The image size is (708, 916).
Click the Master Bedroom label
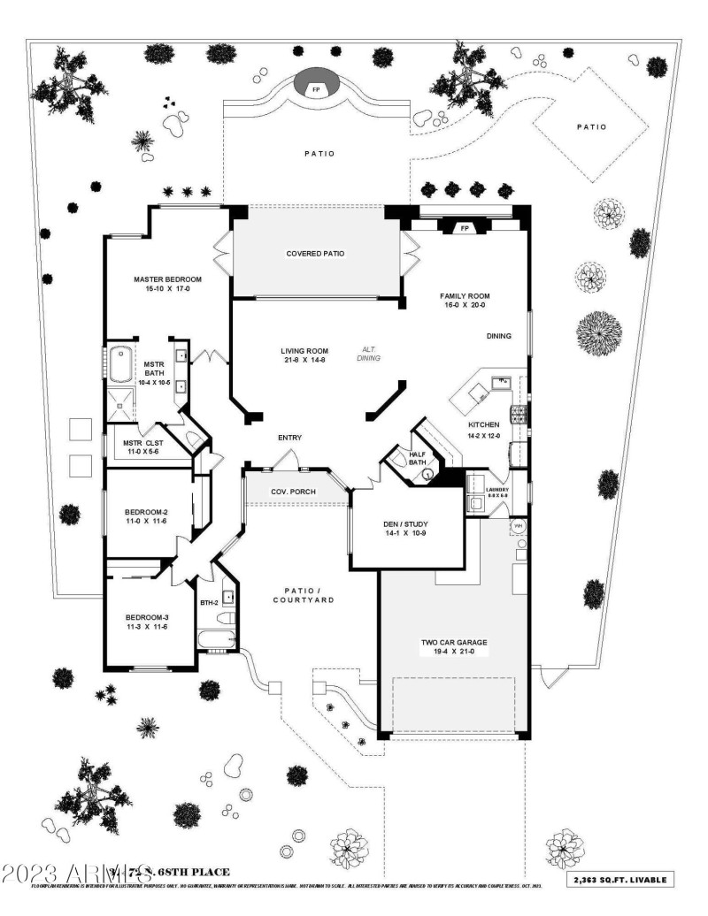[x=167, y=279]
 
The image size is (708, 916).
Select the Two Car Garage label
[x=454, y=643]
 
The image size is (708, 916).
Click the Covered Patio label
[x=315, y=254]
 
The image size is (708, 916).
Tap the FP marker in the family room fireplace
[x=464, y=228]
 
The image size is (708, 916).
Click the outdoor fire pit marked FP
[x=314, y=89]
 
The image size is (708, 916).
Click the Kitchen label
[x=484, y=425]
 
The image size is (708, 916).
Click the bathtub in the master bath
[x=119, y=364]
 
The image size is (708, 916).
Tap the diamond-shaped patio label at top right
[x=592, y=126]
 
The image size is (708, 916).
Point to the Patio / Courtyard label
[x=303, y=595]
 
